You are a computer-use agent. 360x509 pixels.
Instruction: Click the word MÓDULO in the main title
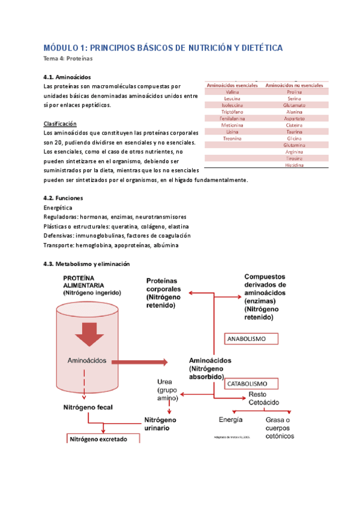click(61, 48)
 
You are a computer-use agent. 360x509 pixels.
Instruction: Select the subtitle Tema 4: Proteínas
click(68, 59)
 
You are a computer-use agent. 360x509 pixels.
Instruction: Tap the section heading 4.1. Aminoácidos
click(67, 77)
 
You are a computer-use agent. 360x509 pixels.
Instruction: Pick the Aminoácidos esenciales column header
click(232, 86)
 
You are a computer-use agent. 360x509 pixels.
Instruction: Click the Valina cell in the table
click(232, 92)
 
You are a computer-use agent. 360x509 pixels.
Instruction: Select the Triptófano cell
click(232, 112)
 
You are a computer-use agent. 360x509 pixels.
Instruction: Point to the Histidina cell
click(295, 164)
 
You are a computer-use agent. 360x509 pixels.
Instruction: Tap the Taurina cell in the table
click(295, 131)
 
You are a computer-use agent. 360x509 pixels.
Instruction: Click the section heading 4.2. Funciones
click(64, 197)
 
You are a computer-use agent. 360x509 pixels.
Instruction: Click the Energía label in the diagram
click(231, 419)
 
